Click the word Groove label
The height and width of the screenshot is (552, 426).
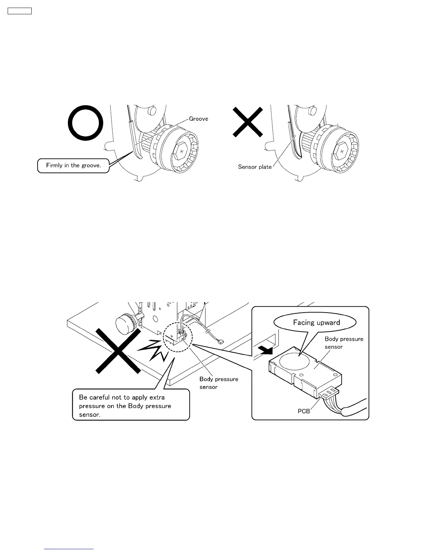(x=198, y=119)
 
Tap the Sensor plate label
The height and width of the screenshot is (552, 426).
(x=254, y=167)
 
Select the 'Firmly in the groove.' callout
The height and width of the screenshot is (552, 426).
(x=73, y=166)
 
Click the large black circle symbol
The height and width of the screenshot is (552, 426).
(x=85, y=123)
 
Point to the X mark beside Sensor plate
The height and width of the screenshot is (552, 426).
(x=247, y=122)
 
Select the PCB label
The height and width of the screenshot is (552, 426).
(x=303, y=411)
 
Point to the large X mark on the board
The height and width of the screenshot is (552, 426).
(x=118, y=351)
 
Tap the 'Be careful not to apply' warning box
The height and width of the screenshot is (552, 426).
(x=131, y=406)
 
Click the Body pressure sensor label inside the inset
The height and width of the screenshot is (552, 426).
(x=344, y=343)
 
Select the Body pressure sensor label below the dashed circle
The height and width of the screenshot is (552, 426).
(x=219, y=383)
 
